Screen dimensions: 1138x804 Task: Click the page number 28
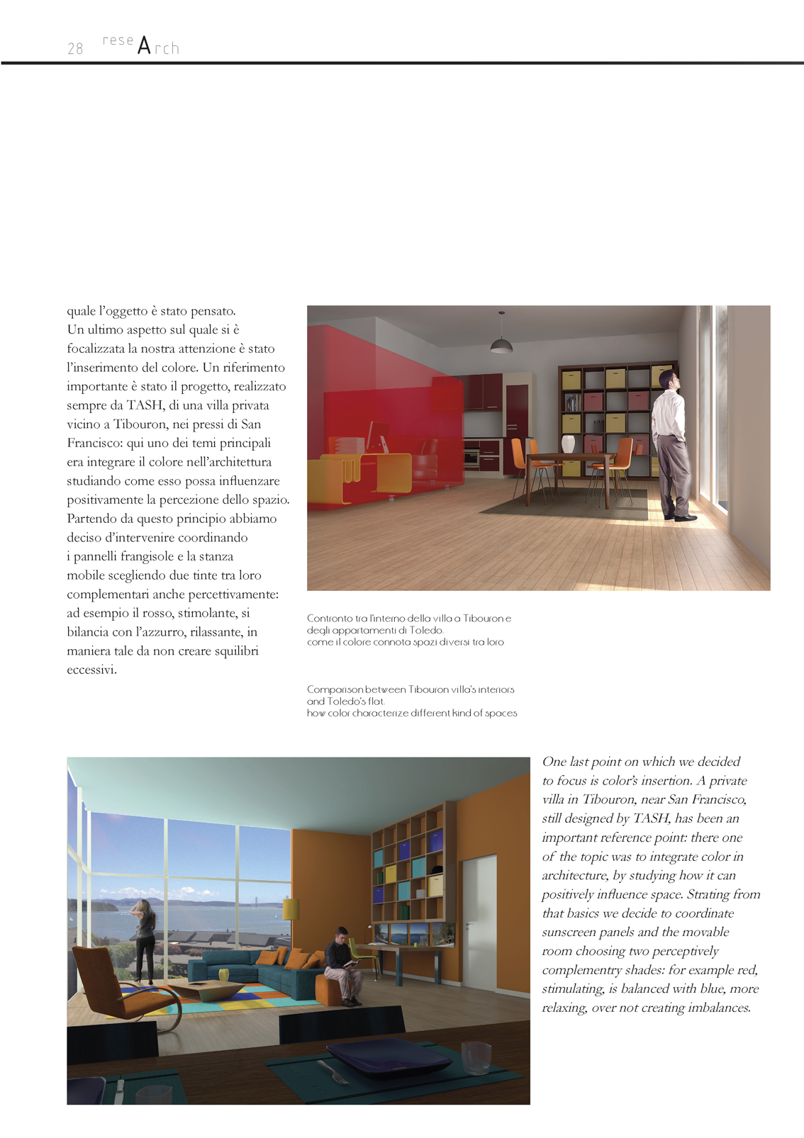click(x=75, y=49)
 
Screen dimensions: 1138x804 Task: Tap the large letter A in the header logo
click(x=144, y=46)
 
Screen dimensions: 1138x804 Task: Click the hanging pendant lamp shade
click(x=501, y=344)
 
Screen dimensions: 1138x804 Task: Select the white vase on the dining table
click(x=568, y=444)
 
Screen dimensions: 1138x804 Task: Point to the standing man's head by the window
click(x=668, y=380)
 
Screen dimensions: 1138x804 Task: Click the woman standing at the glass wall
click(x=145, y=939)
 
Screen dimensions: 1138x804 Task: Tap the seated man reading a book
click(x=343, y=964)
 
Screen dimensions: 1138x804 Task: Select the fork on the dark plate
click(x=332, y=1072)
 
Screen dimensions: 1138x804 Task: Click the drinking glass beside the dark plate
click(x=475, y=1057)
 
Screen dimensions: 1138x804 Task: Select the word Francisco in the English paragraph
click(x=716, y=799)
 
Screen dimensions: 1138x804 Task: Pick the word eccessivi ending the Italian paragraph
click(x=91, y=670)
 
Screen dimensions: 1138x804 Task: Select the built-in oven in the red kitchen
click(x=472, y=457)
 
